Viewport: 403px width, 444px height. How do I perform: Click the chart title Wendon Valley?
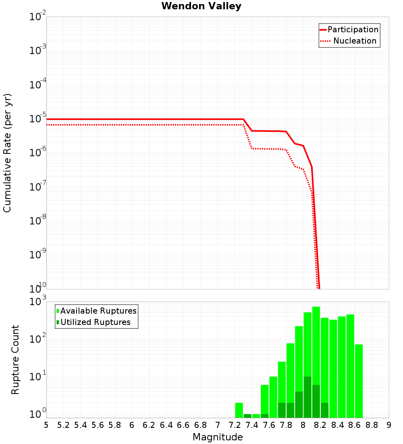[x=201, y=6]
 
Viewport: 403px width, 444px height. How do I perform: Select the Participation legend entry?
[x=353, y=30]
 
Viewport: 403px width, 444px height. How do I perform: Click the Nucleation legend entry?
[x=354, y=41]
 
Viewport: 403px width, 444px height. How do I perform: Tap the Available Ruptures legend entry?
[x=98, y=311]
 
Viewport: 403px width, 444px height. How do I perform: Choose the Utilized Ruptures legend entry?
[x=95, y=322]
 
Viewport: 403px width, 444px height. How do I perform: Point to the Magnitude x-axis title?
[x=218, y=437]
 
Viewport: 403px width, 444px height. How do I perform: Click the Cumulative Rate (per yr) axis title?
[x=8, y=153]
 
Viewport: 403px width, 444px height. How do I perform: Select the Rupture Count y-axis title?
[x=15, y=360]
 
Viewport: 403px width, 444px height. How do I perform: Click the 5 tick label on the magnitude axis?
[x=46, y=425]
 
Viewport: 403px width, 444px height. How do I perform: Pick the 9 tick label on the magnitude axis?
[x=389, y=425]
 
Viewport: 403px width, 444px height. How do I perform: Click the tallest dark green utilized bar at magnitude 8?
[x=307, y=397]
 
